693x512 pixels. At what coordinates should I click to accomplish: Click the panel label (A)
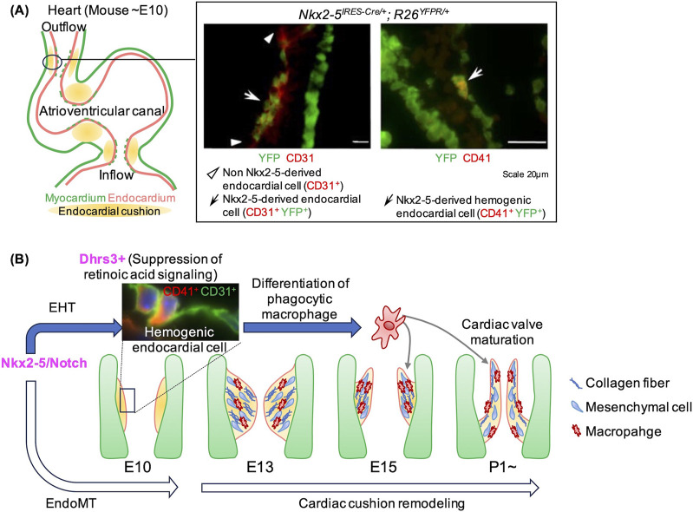click(x=20, y=10)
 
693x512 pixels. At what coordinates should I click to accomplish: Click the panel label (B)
click(x=20, y=259)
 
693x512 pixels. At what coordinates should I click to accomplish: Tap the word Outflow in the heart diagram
click(x=64, y=27)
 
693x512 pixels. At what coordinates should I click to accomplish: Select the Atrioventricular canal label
click(x=102, y=110)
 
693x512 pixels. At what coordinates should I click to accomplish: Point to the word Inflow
click(x=116, y=175)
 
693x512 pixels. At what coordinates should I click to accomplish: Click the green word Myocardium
click(x=75, y=198)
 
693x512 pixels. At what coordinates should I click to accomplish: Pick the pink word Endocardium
click(x=141, y=198)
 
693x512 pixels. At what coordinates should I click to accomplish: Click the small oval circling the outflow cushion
click(x=52, y=62)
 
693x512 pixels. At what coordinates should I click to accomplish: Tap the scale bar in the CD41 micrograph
click(x=526, y=142)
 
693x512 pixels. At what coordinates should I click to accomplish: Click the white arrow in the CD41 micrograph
click(x=474, y=74)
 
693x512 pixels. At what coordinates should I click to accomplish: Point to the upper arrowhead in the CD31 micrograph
click(x=269, y=39)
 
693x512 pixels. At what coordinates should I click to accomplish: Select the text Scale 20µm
click(x=525, y=174)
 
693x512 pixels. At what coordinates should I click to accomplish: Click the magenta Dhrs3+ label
click(x=102, y=259)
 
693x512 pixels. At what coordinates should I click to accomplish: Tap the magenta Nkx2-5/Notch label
click(x=44, y=363)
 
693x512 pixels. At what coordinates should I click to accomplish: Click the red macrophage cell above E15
click(x=389, y=326)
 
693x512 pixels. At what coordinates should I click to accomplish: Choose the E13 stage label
click(x=260, y=467)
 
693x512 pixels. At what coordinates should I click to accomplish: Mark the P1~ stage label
click(x=503, y=467)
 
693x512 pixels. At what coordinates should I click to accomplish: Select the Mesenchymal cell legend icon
click(x=577, y=407)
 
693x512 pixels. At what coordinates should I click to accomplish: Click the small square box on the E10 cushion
click(x=127, y=401)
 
